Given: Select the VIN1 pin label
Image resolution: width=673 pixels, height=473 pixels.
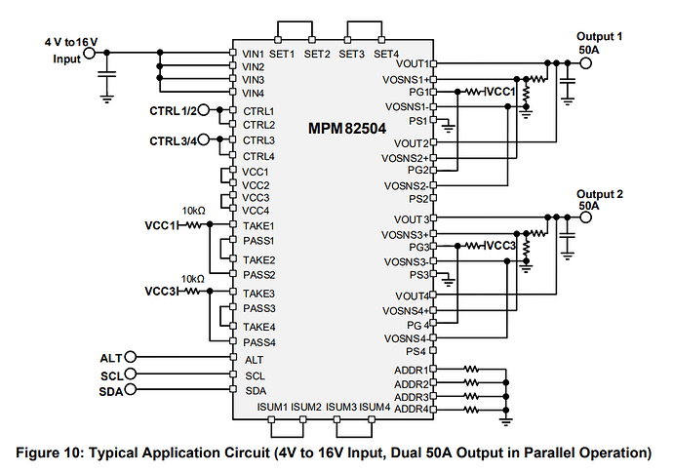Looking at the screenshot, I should pyautogui.click(x=254, y=52).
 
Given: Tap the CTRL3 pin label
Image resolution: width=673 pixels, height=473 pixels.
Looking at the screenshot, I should pyautogui.click(x=257, y=139).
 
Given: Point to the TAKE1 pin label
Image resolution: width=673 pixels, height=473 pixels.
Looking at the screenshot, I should pyautogui.click(x=257, y=224).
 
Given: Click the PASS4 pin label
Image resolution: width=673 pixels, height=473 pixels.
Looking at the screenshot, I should pyautogui.click(x=258, y=342).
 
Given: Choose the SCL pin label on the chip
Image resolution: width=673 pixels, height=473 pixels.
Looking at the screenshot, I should pyautogui.click(x=255, y=374).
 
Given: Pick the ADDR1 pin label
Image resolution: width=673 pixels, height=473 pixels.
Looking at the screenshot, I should pyautogui.click(x=412, y=371).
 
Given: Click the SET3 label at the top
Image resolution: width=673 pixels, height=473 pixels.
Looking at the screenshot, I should pyautogui.click(x=352, y=54).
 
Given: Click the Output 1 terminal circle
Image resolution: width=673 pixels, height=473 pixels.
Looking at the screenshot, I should pyautogui.click(x=586, y=63).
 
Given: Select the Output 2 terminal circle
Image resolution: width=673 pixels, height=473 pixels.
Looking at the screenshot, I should pyautogui.click(x=586, y=218).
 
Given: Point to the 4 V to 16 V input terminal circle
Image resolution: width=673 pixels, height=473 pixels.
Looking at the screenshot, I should pyautogui.click(x=90, y=53).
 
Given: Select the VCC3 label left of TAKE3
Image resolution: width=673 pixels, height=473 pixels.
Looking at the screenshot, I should pyautogui.click(x=160, y=292).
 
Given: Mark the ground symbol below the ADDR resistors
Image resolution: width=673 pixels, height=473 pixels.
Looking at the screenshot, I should pyautogui.click(x=505, y=419).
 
